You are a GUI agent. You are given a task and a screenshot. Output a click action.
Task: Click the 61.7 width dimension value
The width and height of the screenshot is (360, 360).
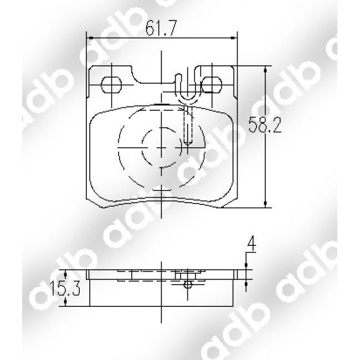coord(161,28)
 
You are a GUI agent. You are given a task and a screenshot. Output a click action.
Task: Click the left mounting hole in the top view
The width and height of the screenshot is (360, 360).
coord(112,84)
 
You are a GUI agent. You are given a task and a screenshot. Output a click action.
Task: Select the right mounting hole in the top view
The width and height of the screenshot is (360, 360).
coord(209,84)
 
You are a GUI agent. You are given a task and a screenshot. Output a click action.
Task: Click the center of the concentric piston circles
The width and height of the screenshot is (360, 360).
coord(161,148)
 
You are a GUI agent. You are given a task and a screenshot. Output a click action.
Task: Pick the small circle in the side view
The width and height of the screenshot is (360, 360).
coord(188,285)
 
